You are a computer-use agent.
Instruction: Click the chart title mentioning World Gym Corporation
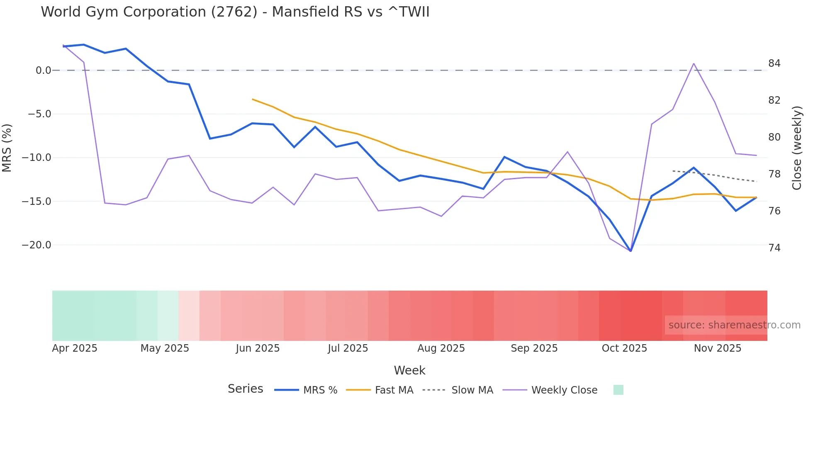pyautogui.click(x=235, y=12)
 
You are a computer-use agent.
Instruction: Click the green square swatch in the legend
pyautogui.click(x=618, y=390)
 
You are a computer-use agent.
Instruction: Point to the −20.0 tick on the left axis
pyautogui.click(x=37, y=245)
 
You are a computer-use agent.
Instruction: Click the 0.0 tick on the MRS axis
pyautogui.click(x=43, y=70)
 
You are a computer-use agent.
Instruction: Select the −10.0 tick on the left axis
pyautogui.click(x=37, y=158)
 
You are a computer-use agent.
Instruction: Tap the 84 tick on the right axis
pyautogui.click(x=774, y=63)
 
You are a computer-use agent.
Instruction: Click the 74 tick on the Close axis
pyautogui.click(x=774, y=248)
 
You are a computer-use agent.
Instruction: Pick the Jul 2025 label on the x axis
pyautogui.click(x=348, y=348)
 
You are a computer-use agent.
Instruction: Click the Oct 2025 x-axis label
pyautogui.click(x=624, y=348)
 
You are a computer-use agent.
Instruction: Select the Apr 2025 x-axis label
pyautogui.click(x=75, y=348)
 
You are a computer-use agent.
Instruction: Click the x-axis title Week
pyautogui.click(x=409, y=370)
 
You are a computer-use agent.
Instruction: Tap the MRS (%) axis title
pyautogui.click(x=7, y=148)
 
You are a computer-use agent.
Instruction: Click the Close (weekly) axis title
pyautogui.click(x=796, y=148)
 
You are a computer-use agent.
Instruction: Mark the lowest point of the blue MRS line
pyautogui.click(x=630, y=251)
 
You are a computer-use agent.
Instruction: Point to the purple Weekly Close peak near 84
pyautogui.click(x=694, y=63)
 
